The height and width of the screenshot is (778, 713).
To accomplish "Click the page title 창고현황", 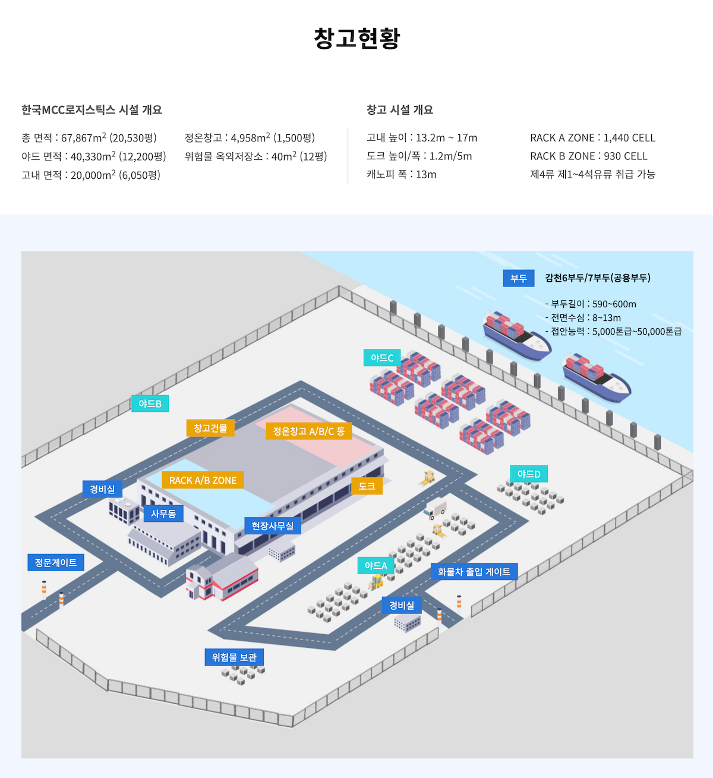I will pyautogui.click(x=356, y=38).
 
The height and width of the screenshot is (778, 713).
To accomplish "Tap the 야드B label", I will pyautogui.click(x=150, y=404).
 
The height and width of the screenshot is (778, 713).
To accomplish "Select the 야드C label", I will pyautogui.click(x=382, y=358).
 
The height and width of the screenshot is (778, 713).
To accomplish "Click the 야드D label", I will pyautogui.click(x=529, y=474).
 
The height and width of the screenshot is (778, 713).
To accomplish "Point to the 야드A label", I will pyautogui.click(x=376, y=565).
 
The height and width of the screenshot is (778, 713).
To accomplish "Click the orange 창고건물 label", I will pyautogui.click(x=210, y=428).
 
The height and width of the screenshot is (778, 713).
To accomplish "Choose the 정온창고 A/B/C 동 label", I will pyautogui.click(x=308, y=431).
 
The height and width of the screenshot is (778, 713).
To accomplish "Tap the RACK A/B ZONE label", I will pyautogui.click(x=203, y=480).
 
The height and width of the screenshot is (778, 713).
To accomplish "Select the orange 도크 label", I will pyautogui.click(x=367, y=486).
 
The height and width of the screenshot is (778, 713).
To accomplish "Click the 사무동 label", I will pyautogui.click(x=163, y=514).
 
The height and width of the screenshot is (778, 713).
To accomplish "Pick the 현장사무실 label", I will pyautogui.click(x=272, y=526).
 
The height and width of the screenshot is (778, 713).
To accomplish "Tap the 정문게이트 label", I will pyautogui.click(x=56, y=562).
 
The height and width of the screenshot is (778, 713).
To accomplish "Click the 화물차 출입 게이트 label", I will pyautogui.click(x=474, y=572).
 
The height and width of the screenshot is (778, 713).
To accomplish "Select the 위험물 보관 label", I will pyautogui.click(x=234, y=657).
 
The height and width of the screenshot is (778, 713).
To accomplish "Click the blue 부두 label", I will pyautogui.click(x=519, y=278).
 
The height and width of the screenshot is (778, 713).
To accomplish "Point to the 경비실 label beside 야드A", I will pyautogui.click(x=402, y=605).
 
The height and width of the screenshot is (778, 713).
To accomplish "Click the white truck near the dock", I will pyautogui.click(x=436, y=509).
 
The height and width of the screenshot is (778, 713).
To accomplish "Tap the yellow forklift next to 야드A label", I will pyautogui.click(x=376, y=582).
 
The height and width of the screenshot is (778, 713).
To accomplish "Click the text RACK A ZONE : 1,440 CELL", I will pyautogui.click(x=592, y=138).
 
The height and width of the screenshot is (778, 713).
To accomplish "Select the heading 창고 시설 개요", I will pyautogui.click(x=400, y=109).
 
